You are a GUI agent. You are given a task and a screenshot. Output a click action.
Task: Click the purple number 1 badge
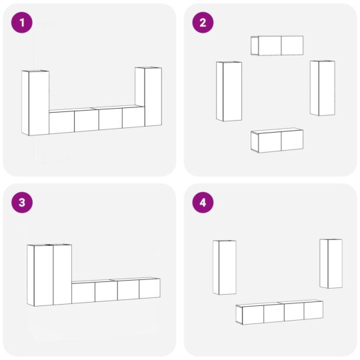[22, 23]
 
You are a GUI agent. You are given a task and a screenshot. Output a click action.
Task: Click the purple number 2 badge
[203, 23]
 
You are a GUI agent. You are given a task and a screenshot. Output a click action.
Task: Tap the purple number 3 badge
[22, 203]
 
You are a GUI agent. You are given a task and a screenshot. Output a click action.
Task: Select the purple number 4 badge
[203, 203]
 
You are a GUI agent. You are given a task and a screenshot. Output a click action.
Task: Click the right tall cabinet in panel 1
[149, 97]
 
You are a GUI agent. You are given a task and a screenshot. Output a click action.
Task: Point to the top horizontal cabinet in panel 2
[277, 45]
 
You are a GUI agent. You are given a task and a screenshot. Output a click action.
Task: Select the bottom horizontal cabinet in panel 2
[277, 141]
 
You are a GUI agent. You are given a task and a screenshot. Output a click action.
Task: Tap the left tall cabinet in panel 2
[229, 91]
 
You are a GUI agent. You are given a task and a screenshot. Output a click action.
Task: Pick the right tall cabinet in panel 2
[323, 88]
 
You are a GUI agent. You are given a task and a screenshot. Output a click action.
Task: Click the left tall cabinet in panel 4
[225, 267]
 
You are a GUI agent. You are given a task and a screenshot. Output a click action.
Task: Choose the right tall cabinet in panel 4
[331, 263]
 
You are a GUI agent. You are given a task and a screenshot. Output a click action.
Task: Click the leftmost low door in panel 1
[62, 122]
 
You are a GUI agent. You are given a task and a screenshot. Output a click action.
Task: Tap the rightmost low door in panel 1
[133, 117]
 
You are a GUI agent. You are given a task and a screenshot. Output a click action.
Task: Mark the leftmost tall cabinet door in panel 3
[41, 275]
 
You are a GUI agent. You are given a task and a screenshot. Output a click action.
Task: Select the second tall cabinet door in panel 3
[62, 274]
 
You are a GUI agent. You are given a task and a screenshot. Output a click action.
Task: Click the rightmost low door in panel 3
[149, 289]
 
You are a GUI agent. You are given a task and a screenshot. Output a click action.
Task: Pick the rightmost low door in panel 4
[313, 310]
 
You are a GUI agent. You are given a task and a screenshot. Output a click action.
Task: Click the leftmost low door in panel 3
[83, 293]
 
